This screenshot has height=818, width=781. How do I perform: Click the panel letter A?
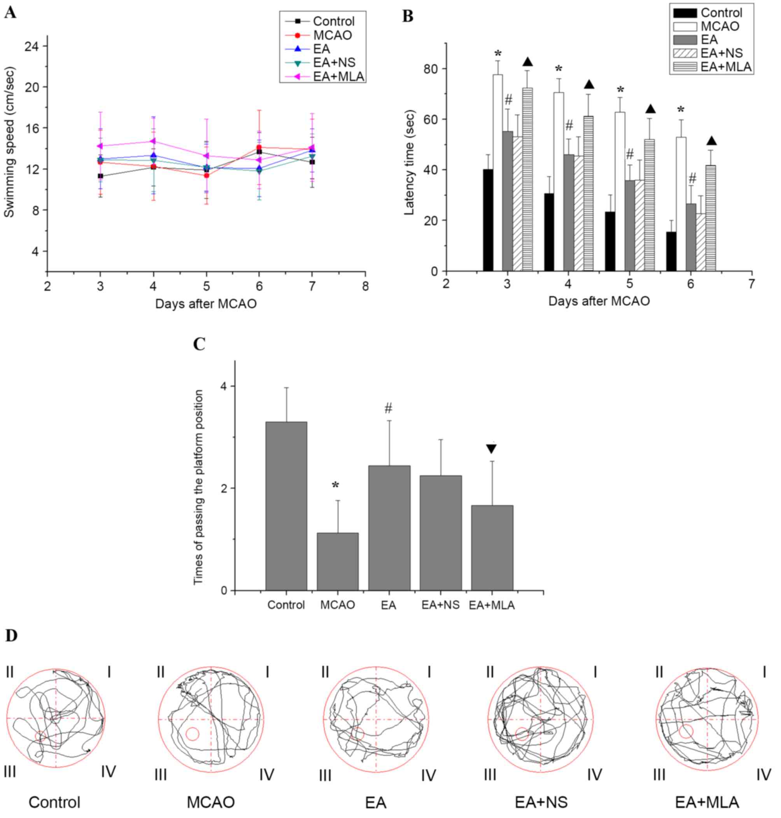tap(11, 13)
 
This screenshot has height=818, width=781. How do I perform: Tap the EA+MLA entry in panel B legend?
tap(726, 67)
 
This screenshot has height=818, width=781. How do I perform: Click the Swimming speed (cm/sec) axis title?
tap(9, 142)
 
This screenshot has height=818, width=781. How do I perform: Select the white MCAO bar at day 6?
tap(681, 204)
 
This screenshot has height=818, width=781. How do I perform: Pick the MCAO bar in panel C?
tap(337, 562)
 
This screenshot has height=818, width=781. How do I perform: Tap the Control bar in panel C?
tap(286, 506)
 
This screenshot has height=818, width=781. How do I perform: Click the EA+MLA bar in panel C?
tap(492, 548)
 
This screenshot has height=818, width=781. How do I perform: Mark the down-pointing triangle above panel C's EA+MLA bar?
tap(491, 449)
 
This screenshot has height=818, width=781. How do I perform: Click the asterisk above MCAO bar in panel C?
tap(336, 486)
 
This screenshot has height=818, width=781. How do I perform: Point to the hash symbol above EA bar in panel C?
tap(388, 409)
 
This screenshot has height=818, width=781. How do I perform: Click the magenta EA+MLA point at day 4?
tap(153, 141)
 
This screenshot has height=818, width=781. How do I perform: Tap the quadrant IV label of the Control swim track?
tap(108, 771)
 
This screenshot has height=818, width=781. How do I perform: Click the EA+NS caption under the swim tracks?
tap(541, 802)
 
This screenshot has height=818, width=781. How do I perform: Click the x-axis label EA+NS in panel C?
tap(440, 605)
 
